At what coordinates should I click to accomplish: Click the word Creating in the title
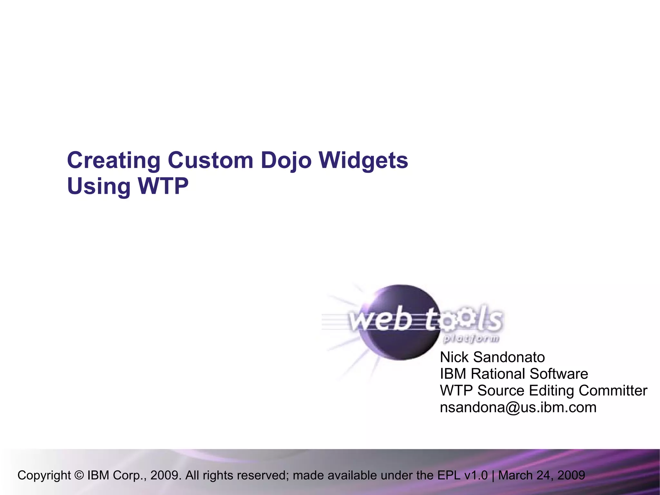(x=113, y=161)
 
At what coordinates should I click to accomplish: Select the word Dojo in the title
(x=286, y=161)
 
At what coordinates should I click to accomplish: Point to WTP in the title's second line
(x=163, y=186)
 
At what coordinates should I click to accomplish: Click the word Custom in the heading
(x=210, y=161)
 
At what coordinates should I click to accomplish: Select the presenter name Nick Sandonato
(x=492, y=357)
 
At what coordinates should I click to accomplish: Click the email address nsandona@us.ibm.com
(x=518, y=407)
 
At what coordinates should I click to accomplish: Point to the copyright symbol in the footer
(x=79, y=475)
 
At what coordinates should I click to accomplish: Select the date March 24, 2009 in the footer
(x=541, y=475)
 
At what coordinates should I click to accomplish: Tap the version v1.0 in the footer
(x=476, y=475)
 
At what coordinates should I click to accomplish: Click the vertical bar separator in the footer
(x=493, y=475)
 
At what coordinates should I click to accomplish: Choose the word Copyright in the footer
(x=44, y=475)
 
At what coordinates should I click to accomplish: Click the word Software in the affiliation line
(x=558, y=374)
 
